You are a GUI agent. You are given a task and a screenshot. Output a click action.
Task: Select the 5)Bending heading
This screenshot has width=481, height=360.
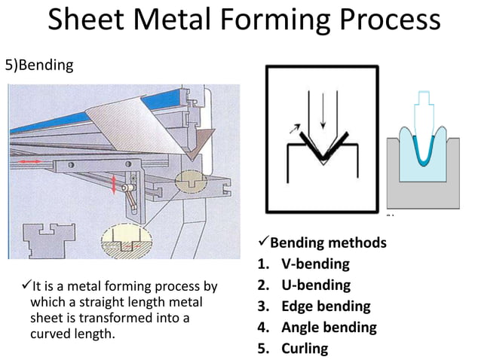[x=39, y=65]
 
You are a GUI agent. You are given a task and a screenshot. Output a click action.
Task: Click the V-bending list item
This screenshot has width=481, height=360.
[x=315, y=264]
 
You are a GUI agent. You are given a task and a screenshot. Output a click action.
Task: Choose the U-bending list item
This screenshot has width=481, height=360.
[x=316, y=285]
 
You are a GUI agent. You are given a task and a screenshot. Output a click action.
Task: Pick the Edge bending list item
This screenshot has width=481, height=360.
[x=326, y=307]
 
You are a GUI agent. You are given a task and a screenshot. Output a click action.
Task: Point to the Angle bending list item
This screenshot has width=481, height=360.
[x=329, y=328]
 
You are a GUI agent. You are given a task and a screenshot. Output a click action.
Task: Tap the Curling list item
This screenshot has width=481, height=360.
[x=305, y=349]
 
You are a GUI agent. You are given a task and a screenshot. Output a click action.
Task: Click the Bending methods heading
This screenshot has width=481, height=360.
[x=328, y=243]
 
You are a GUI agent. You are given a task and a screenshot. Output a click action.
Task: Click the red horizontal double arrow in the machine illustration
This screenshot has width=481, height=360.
[x=31, y=162]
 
